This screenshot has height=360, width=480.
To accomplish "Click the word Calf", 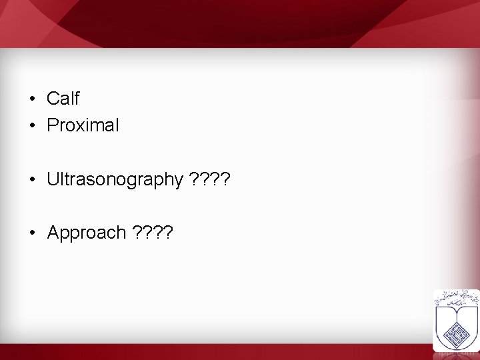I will click(x=63, y=99).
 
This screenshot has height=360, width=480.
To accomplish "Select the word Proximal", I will click(x=83, y=125).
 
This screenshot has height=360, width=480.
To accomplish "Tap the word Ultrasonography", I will click(x=115, y=179).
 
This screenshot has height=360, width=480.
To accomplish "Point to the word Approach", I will click(x=87, y=233).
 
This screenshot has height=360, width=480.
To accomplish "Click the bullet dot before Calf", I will click(x=32, y=99).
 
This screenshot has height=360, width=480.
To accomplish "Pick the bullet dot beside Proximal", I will click(x=32, y=125).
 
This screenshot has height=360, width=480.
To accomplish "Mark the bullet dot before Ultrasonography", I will click(x=32, y=179).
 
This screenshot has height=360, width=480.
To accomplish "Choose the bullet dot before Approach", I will click(x=32, y=233).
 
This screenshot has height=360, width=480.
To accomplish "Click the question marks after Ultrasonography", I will click(x=209, y=179).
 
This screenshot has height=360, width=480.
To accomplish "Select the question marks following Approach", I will click(x=153, y=233).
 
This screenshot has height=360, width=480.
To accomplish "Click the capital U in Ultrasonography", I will click(x=53, y=179).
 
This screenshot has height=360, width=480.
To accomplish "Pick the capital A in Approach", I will click(x=53, y=233).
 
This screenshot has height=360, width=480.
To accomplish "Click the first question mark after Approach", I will click(x=138, y=233).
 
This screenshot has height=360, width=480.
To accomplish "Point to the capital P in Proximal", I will click(x=53, y=125).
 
